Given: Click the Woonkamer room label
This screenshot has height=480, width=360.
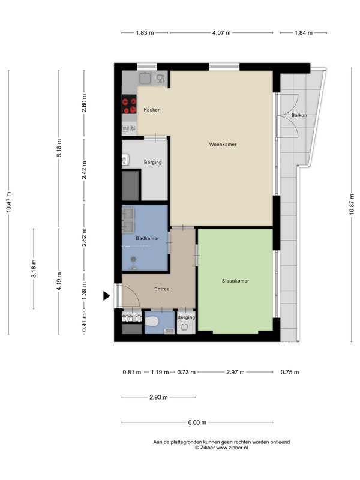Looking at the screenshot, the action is [223, 144].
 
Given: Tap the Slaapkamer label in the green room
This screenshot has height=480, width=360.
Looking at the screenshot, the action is [235, 281].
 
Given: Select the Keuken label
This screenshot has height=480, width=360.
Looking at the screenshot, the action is [152, 110].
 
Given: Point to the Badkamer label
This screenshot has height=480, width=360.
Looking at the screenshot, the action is [147, 238].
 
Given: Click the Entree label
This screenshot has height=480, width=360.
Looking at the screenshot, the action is [161, 289].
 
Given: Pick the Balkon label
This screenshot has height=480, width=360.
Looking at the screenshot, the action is [299, 115].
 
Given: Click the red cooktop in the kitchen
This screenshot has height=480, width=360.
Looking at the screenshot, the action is [129, 104].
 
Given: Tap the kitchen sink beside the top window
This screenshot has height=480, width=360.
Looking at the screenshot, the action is [145, 78].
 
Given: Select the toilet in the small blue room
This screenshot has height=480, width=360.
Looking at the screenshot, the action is [152, 321].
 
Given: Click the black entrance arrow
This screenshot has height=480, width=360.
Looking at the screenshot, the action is [106, 296].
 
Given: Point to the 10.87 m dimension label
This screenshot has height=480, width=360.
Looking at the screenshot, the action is [352, 205].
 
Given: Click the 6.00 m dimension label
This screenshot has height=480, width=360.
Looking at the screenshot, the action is [197, 422].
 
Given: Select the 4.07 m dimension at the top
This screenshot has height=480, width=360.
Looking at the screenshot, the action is [221, 33].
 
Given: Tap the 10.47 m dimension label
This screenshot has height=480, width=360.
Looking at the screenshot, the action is [9, 202].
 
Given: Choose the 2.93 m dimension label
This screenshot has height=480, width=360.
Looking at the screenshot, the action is [158, 397].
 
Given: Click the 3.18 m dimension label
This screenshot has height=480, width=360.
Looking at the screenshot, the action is [34, 268].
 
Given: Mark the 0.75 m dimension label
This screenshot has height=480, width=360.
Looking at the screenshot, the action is [290, 372].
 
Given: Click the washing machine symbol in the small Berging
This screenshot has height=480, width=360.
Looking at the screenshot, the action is [184, 328].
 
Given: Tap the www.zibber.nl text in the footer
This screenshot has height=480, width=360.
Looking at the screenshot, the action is [232, 448].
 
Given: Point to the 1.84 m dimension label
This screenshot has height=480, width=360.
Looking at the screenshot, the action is [304, 33].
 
